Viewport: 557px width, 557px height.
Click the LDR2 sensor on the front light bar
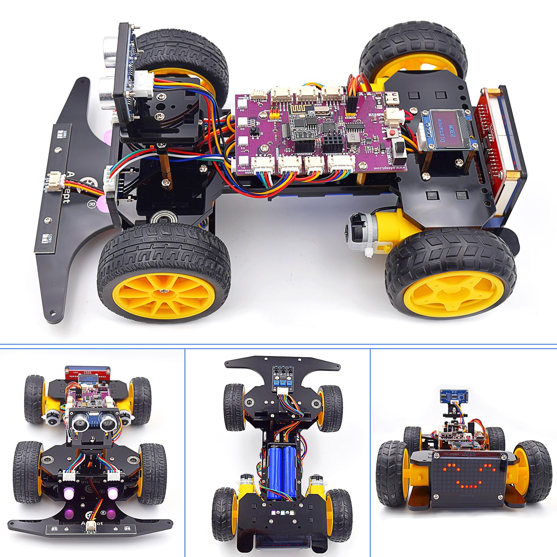[x=46, y=238]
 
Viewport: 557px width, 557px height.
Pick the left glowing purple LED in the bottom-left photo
[x=69, y=494]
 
